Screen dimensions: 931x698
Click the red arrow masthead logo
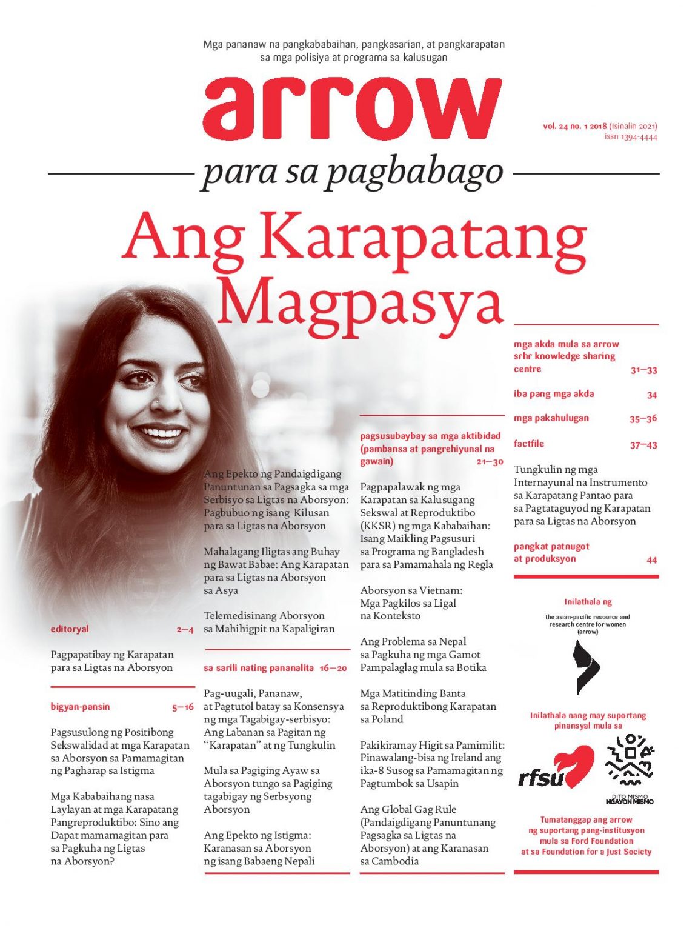click(x=352, y=110)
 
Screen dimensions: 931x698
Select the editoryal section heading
click(x=70, y=629)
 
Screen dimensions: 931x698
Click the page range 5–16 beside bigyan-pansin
click(x=182, y=707)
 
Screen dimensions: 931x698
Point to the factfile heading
click(x=529, y=444)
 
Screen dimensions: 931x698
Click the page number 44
click(x=651, y=560)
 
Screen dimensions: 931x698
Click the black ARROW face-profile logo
click(x=587, y=667)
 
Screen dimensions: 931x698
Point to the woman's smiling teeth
click(x=162, y=433)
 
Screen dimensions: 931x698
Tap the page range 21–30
click(x=490, y=462)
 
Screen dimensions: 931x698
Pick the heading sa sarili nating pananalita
click(x=259, y=668)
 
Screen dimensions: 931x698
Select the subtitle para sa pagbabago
click(x=353, y=173)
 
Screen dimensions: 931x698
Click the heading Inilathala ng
click(x=588, y=602)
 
